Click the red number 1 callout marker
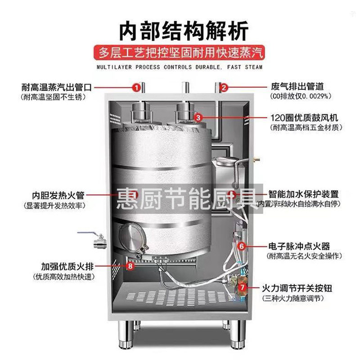tap(136, 88)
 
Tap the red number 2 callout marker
tap(224, 87)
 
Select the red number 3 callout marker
tap(198, 118)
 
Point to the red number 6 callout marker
tap(242, 246)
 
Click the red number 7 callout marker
tap(243, 287)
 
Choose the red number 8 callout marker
tap(130, 266)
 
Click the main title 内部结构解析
tap(184, 31)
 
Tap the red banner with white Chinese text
tap(179, 53)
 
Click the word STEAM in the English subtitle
tap(254, 67)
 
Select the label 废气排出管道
tap(297, 86)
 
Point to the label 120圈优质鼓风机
tap(304, 118)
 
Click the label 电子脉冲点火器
tap(299, 246)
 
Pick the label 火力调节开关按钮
tap(297, 288)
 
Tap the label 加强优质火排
tap(67, 266)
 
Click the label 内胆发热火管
tap(58, 196)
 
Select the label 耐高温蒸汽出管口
tap(57, 87)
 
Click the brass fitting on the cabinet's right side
tap(256, 159)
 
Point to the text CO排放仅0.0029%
tap(301, 96)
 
